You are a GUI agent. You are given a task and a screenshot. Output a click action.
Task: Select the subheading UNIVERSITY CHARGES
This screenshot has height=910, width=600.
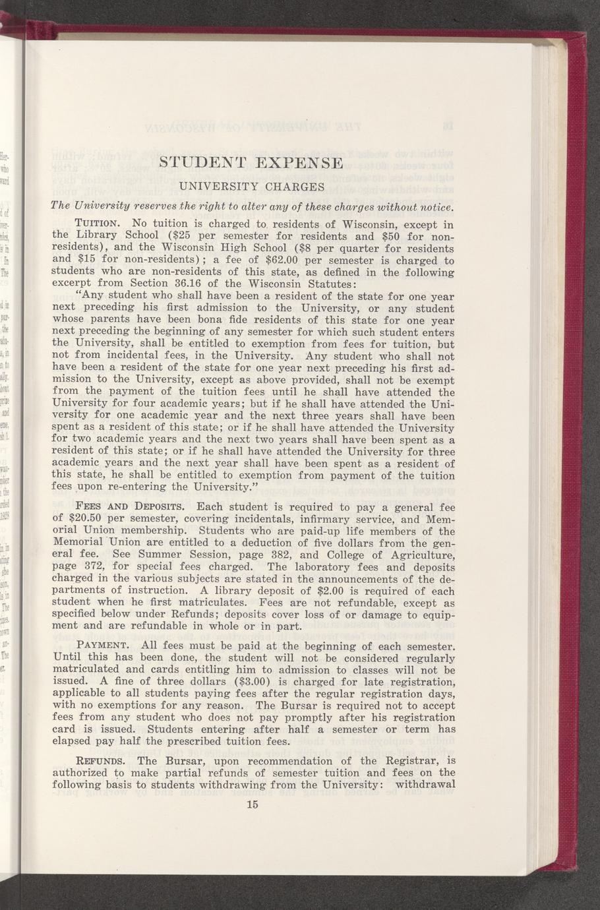click(253, 186)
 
